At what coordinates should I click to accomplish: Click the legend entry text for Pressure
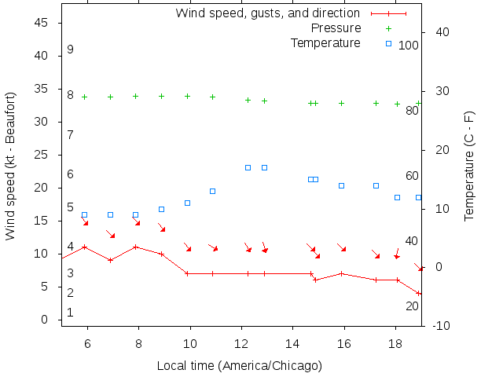[336, 28]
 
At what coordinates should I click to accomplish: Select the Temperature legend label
[325, 42]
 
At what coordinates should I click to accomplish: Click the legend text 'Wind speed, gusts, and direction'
[267, 13]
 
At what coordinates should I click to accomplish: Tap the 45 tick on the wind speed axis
[42, 24]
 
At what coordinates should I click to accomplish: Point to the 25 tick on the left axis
[42, 156]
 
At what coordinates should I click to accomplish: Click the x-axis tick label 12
[241, 343]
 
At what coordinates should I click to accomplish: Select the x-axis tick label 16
[343, 343]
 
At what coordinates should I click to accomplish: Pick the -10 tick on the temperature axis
[441, 326]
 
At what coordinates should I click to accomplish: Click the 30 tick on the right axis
[439, 91]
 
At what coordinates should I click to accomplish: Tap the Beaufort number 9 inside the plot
[70, 49]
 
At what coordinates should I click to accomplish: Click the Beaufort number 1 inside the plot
[70, 313]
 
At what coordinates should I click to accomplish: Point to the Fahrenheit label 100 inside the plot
[409, 46]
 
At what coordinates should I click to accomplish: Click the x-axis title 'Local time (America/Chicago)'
[239, 365]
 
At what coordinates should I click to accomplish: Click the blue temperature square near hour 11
[212, 191]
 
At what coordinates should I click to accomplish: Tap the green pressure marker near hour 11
[212, 97]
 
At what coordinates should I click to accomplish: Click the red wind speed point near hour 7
[111, 260]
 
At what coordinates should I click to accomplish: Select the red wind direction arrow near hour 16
[342, 247]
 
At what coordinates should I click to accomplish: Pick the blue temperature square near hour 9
[161, 209]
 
